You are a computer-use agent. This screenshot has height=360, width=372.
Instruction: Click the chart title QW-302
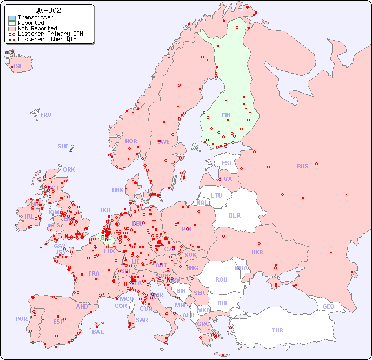click(48, 10)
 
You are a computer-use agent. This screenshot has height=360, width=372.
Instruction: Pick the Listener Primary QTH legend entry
click(50, 34)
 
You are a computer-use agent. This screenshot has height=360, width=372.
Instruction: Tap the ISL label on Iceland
click(18, 67)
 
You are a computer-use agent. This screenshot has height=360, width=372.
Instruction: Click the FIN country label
click(226, 115)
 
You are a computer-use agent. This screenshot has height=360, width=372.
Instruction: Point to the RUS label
click(302, 166)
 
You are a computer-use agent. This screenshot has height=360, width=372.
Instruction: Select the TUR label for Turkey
click(277, 330)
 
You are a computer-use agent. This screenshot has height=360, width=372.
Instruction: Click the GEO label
click(328, 306)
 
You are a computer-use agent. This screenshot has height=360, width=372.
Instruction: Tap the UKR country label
click(257, 252)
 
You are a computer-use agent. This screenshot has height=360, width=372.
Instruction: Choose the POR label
click(21, 319)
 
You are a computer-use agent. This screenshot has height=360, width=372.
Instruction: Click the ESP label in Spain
click(58, 321)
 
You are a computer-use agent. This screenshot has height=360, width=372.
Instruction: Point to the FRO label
click(46, 115)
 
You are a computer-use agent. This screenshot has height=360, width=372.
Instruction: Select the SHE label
click(63, 146)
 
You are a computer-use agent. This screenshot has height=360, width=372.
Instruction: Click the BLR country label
click(234, 215)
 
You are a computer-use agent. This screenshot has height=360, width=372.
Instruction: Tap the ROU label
click(221, 279)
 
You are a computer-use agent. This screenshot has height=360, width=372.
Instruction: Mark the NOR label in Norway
click(131, 141)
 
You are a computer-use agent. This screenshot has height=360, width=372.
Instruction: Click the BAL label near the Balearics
click(98, 332)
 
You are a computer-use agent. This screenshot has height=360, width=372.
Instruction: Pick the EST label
click(227, 163)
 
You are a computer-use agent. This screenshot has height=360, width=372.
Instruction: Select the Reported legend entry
click(31, 23)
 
